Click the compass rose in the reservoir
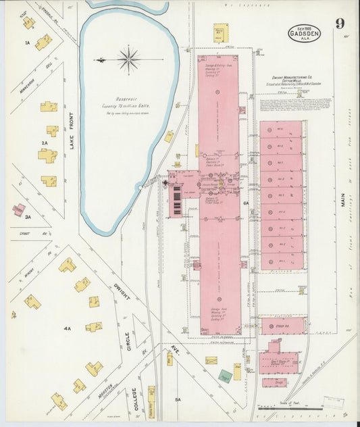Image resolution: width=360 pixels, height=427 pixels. coord(128,59)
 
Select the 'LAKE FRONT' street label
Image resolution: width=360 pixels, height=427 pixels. coord(70,154)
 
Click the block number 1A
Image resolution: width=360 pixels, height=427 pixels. coord(28,43)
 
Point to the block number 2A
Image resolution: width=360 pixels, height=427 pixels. coord(45,143)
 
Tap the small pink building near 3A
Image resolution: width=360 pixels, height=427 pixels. coord(18,209)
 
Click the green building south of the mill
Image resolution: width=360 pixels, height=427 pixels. coord(226,376)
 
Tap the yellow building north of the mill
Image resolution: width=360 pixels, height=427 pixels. coord(221,32)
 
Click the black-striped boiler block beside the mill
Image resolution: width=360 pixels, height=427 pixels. coord(178,201)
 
